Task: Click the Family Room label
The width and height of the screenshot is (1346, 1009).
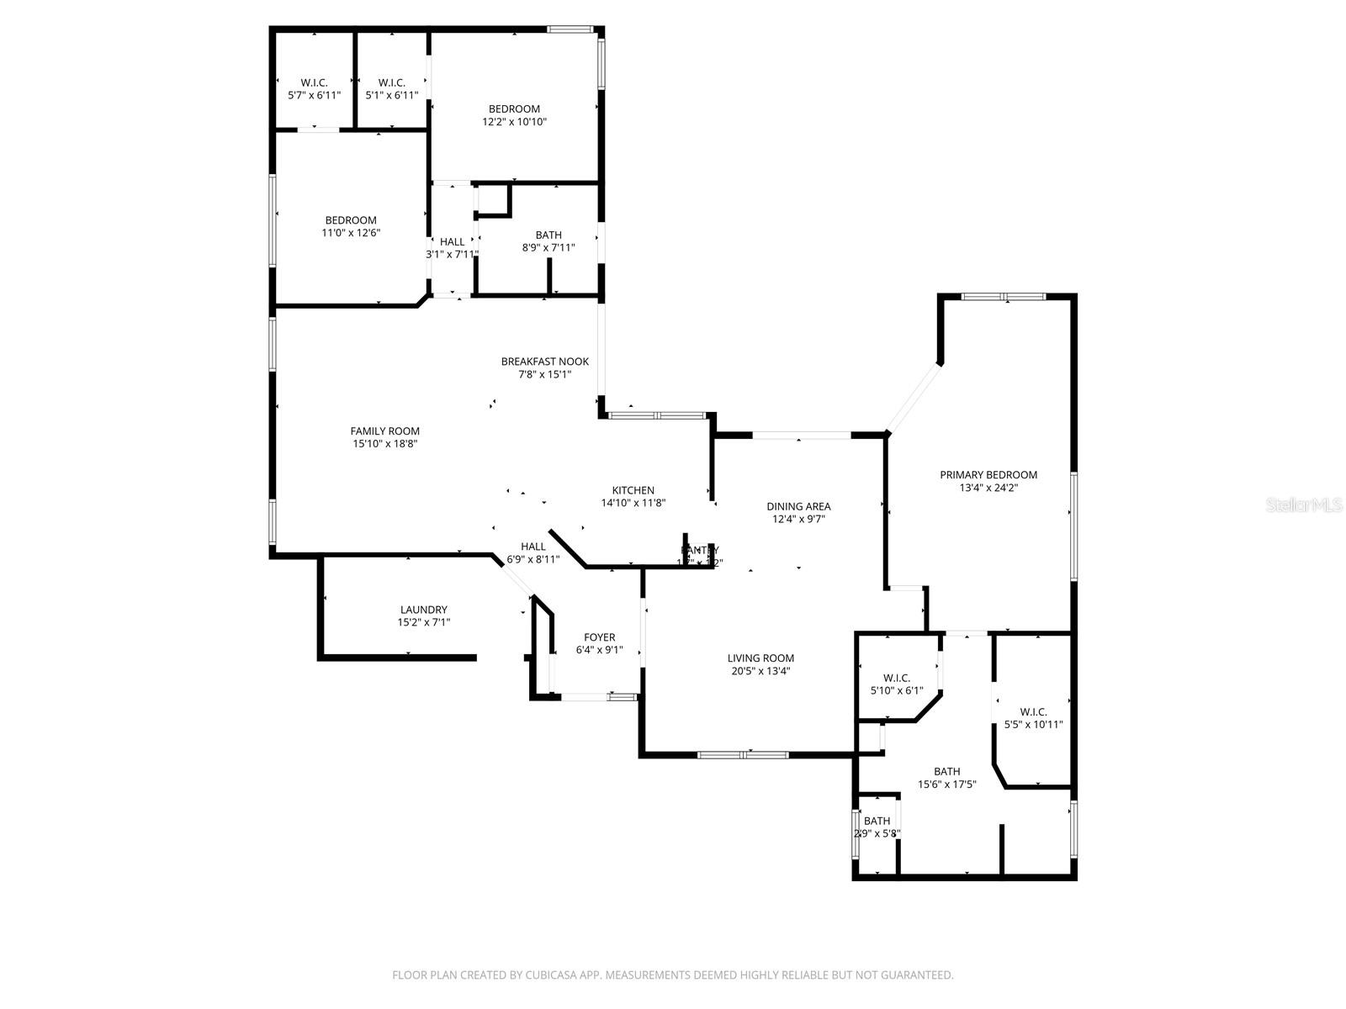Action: tap(384, 431)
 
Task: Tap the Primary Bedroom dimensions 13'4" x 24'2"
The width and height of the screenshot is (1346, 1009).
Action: tap(988, 488)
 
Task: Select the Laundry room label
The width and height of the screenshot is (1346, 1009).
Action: tap(423, 610)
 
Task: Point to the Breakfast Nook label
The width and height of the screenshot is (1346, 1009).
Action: tap(544, 362)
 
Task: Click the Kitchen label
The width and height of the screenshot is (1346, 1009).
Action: tap(633, 490)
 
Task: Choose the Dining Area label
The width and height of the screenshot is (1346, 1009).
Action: tap(798, 506)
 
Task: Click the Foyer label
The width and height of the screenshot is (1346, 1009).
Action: tap(599, 637)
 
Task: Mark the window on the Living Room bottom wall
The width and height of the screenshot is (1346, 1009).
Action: tap(743, 754)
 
